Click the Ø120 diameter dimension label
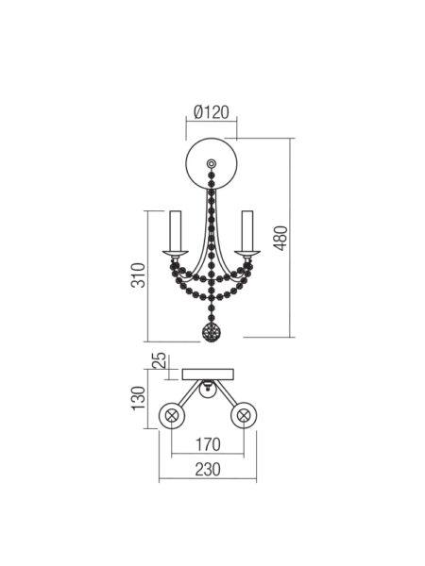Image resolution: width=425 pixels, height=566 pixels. coord(212,112)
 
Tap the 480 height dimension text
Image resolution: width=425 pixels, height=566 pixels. coord(280,238)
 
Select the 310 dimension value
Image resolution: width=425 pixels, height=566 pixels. coord(138,275)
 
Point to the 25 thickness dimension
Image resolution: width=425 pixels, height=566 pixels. coord(160,360)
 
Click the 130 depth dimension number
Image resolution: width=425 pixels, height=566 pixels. coord(138,398)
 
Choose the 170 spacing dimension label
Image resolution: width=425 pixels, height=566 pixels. coord(208,444)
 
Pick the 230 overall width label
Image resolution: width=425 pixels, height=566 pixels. coord(208,470)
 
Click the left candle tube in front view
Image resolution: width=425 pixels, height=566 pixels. coord(176,230)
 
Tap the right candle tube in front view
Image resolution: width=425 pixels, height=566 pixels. coord(247,230)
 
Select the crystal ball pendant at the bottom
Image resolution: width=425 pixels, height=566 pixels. coord(212,332)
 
